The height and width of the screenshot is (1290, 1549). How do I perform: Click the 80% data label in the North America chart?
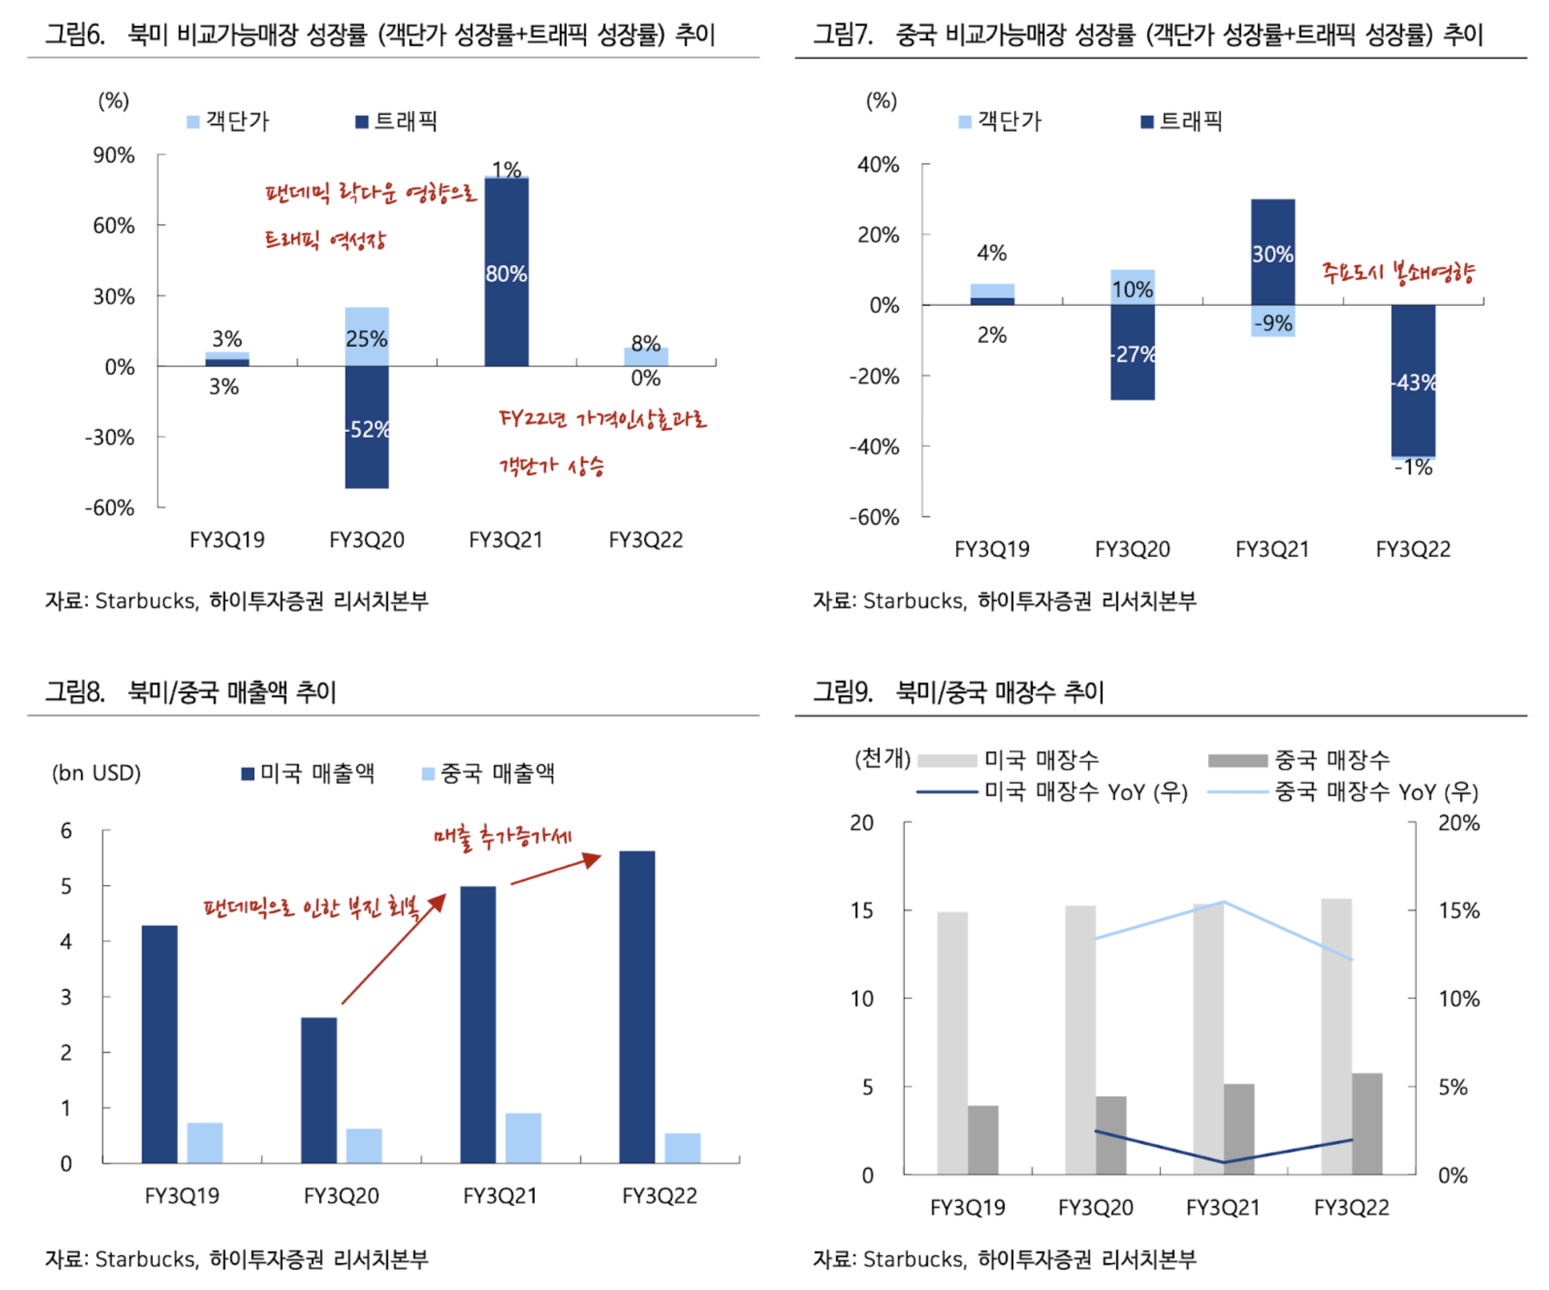point(506,274)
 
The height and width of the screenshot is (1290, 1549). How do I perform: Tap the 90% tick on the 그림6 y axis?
point(114,155)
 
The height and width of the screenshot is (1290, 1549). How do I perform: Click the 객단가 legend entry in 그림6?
point(228,121)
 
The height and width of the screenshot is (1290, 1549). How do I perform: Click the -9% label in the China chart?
point(1273,323)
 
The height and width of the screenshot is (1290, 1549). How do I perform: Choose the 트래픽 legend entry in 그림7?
point(1181,121)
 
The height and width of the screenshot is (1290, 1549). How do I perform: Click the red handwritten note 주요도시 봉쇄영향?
point(1398,273)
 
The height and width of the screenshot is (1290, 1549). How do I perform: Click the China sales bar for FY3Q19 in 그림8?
point(204,1142)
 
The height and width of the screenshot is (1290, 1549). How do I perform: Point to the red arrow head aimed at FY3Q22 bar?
point(593,859)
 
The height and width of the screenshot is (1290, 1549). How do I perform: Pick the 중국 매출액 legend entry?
point(488,773)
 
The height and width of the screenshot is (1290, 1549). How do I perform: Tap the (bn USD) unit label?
point(96,773)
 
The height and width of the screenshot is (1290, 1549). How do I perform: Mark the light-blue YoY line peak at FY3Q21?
point(1223,901)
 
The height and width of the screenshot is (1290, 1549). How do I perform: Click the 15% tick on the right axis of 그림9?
point(1458,911)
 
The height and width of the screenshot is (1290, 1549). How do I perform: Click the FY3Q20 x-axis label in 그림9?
point(1095,1207)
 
